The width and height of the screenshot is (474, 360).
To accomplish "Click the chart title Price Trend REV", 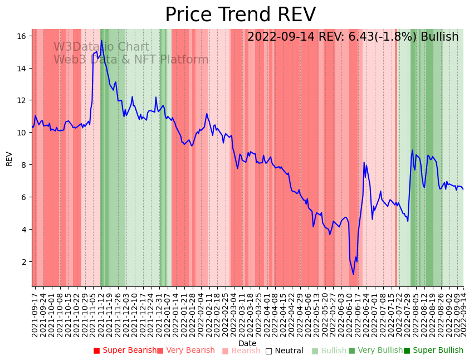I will coord(240,15).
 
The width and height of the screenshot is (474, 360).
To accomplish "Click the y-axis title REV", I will coord(9,158).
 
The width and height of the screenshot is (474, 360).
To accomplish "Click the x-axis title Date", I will coord(247,343).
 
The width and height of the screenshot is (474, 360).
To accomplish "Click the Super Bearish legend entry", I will coord(125,351).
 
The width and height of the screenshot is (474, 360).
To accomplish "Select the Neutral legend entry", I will coord(285,351).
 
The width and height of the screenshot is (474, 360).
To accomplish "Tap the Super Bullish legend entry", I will coord(434,351).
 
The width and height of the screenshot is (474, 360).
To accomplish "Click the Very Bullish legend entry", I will coord(376,351).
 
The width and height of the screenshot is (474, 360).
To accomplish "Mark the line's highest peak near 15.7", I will coord(101,41).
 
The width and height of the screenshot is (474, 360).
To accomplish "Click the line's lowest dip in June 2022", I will coord(353,274).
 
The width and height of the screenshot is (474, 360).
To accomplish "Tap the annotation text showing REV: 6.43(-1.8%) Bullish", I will coord(353,37).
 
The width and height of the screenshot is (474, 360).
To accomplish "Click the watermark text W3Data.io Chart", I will coord(101,47).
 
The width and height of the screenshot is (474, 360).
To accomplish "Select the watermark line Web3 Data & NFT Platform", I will coord(131,60).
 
